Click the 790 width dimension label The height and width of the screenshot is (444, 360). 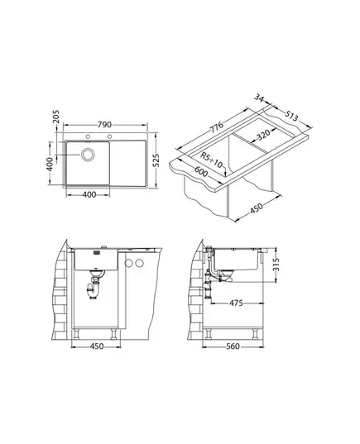(x=104, y=125)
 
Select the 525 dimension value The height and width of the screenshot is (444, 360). (x=156, y=161)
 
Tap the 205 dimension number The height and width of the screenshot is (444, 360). (x=55, y=117)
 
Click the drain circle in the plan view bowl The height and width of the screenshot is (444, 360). (x=88, y=155)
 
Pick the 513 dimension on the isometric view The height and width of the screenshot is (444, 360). (x=291, y=116)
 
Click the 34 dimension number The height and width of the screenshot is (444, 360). (x=259, y=98)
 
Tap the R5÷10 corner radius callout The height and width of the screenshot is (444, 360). (x=212, y=160)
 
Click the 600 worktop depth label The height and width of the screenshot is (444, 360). (x=201, y=172)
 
